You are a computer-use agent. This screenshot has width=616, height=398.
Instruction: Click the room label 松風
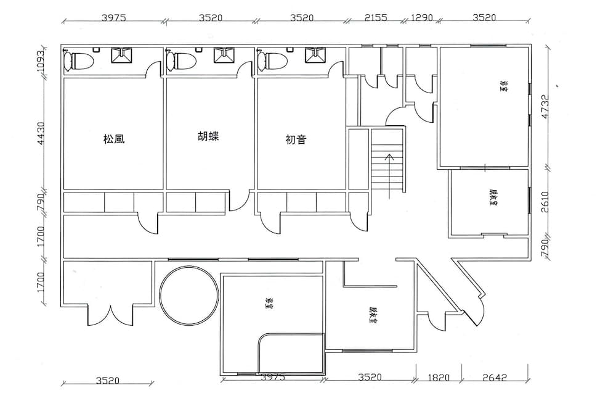click(x=115, y=139)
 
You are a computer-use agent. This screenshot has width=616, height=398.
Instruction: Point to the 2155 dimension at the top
click(x=375, y=17)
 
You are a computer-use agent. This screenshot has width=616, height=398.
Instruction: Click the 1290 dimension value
click(x=422, y=17)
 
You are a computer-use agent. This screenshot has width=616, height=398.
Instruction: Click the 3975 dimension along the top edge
click(x=113, y=17)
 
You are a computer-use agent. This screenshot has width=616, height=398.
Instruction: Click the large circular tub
click(x=188, y=294)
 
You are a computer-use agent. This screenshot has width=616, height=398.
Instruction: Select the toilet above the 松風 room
click(x=79, y=61)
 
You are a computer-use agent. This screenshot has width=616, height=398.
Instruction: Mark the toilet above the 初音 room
click(x=274, y=61)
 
